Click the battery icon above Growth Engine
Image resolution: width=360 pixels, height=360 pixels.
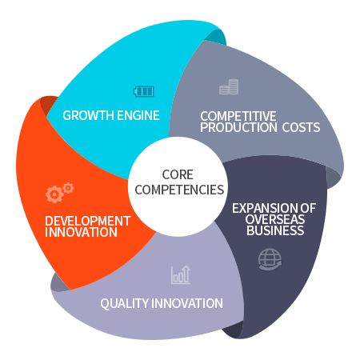point(144,91)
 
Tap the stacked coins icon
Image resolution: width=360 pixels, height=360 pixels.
point(229,86)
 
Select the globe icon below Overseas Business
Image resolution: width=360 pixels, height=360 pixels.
point(270,259)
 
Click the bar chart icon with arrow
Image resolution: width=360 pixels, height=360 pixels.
point(181,274)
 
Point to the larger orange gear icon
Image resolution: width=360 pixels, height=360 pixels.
point(54,194)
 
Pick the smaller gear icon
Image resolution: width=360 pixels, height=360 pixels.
point(68,188)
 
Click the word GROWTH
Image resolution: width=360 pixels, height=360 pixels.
point(89,115)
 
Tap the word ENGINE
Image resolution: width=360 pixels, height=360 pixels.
point(138,115)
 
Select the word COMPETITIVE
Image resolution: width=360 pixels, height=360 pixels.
point(238,116)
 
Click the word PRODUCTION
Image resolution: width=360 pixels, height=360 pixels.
point(238,127)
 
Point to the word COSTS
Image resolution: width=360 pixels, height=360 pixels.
point(301,127)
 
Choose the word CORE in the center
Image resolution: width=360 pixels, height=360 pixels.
point(178,174)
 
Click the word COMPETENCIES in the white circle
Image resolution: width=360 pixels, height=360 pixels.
point(179,190)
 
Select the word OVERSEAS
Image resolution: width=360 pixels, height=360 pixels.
point(275,219)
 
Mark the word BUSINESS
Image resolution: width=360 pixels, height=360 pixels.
point(275,230)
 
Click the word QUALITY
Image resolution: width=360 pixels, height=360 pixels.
point(125,304)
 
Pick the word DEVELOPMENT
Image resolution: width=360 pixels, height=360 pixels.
point(88,221)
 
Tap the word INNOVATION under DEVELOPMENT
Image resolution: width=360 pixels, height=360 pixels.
point(81,232)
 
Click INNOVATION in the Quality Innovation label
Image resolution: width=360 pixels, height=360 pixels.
point(187,303)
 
